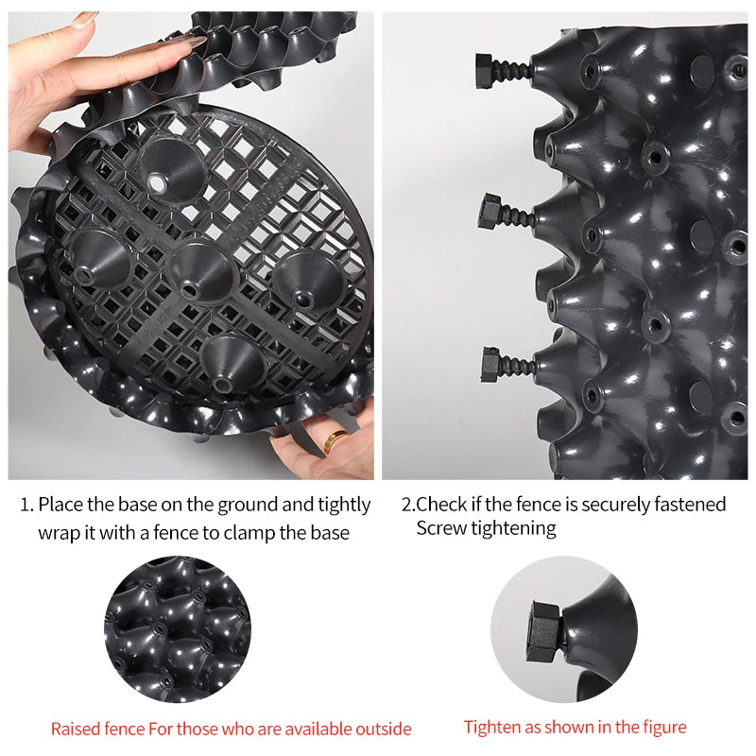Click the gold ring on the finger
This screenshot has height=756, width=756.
point(335,439)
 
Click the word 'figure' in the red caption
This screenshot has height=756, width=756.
point(662,727)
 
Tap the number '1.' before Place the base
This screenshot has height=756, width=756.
point(27,505)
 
